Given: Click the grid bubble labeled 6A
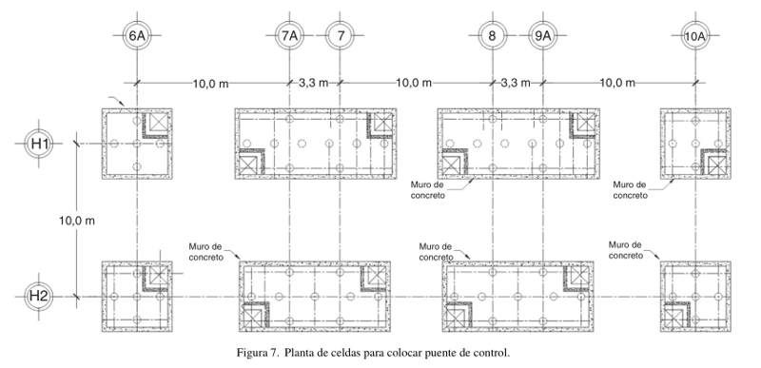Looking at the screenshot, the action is (137, 35).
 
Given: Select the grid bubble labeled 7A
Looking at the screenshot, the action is (289, 35).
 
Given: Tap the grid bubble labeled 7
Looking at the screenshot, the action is (340, 35).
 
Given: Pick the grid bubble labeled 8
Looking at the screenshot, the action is (493, 35).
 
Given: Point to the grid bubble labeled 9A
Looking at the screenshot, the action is (542, 35).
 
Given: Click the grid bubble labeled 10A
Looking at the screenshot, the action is (695, 35).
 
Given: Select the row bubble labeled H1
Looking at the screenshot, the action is (39, 144).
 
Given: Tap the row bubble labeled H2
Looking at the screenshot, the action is (39, 296).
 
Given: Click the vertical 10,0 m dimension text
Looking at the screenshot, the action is (77, 221).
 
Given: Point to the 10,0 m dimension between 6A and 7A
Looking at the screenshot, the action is (210, 83).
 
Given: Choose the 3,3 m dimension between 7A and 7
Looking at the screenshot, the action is (313, 83).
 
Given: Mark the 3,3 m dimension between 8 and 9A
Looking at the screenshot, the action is (516, 83).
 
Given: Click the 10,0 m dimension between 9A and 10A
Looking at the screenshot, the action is (617, 83).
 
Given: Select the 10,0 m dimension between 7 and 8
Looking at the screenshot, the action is (414, 83).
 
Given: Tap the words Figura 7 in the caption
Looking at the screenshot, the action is (257, 353).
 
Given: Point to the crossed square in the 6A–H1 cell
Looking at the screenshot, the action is (158, 122).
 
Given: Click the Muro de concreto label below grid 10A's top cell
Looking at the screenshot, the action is (630, 190).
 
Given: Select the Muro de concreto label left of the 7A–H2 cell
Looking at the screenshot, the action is (206, 252).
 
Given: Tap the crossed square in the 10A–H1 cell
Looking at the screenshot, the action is (717, 165).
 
